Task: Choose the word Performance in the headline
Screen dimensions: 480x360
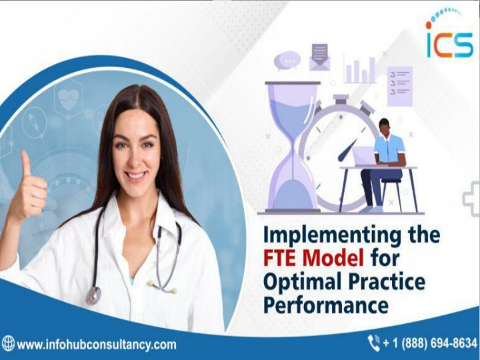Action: coord(326,305)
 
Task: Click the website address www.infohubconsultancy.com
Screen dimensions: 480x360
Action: coord(97,345)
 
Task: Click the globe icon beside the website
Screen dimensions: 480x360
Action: coord(7,343)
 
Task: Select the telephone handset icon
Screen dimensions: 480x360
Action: coord(374,343)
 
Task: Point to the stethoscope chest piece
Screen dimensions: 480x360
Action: coord(93,295)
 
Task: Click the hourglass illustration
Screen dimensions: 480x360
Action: coord(293,146)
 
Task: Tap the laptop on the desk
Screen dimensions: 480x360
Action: coord(365,156)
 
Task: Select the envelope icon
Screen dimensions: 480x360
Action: coord(319,57)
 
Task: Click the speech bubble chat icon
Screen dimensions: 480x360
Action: coord(287,61)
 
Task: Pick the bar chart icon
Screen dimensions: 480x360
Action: coord(360,69)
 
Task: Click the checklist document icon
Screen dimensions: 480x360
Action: coord(400,86)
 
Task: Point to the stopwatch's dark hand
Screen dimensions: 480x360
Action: coord(347,150)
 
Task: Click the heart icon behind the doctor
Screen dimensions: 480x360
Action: coord(69,99)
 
